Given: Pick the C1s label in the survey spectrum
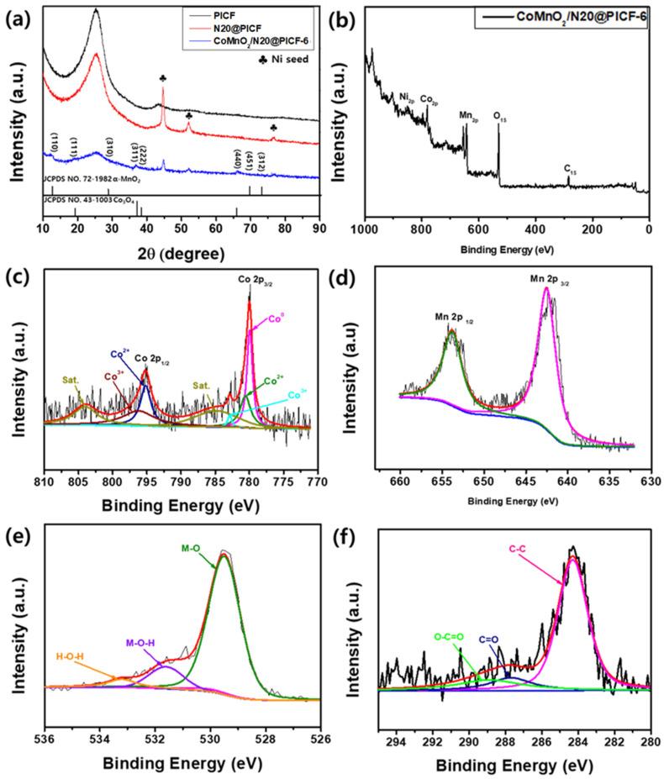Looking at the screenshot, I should pos(570,169).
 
